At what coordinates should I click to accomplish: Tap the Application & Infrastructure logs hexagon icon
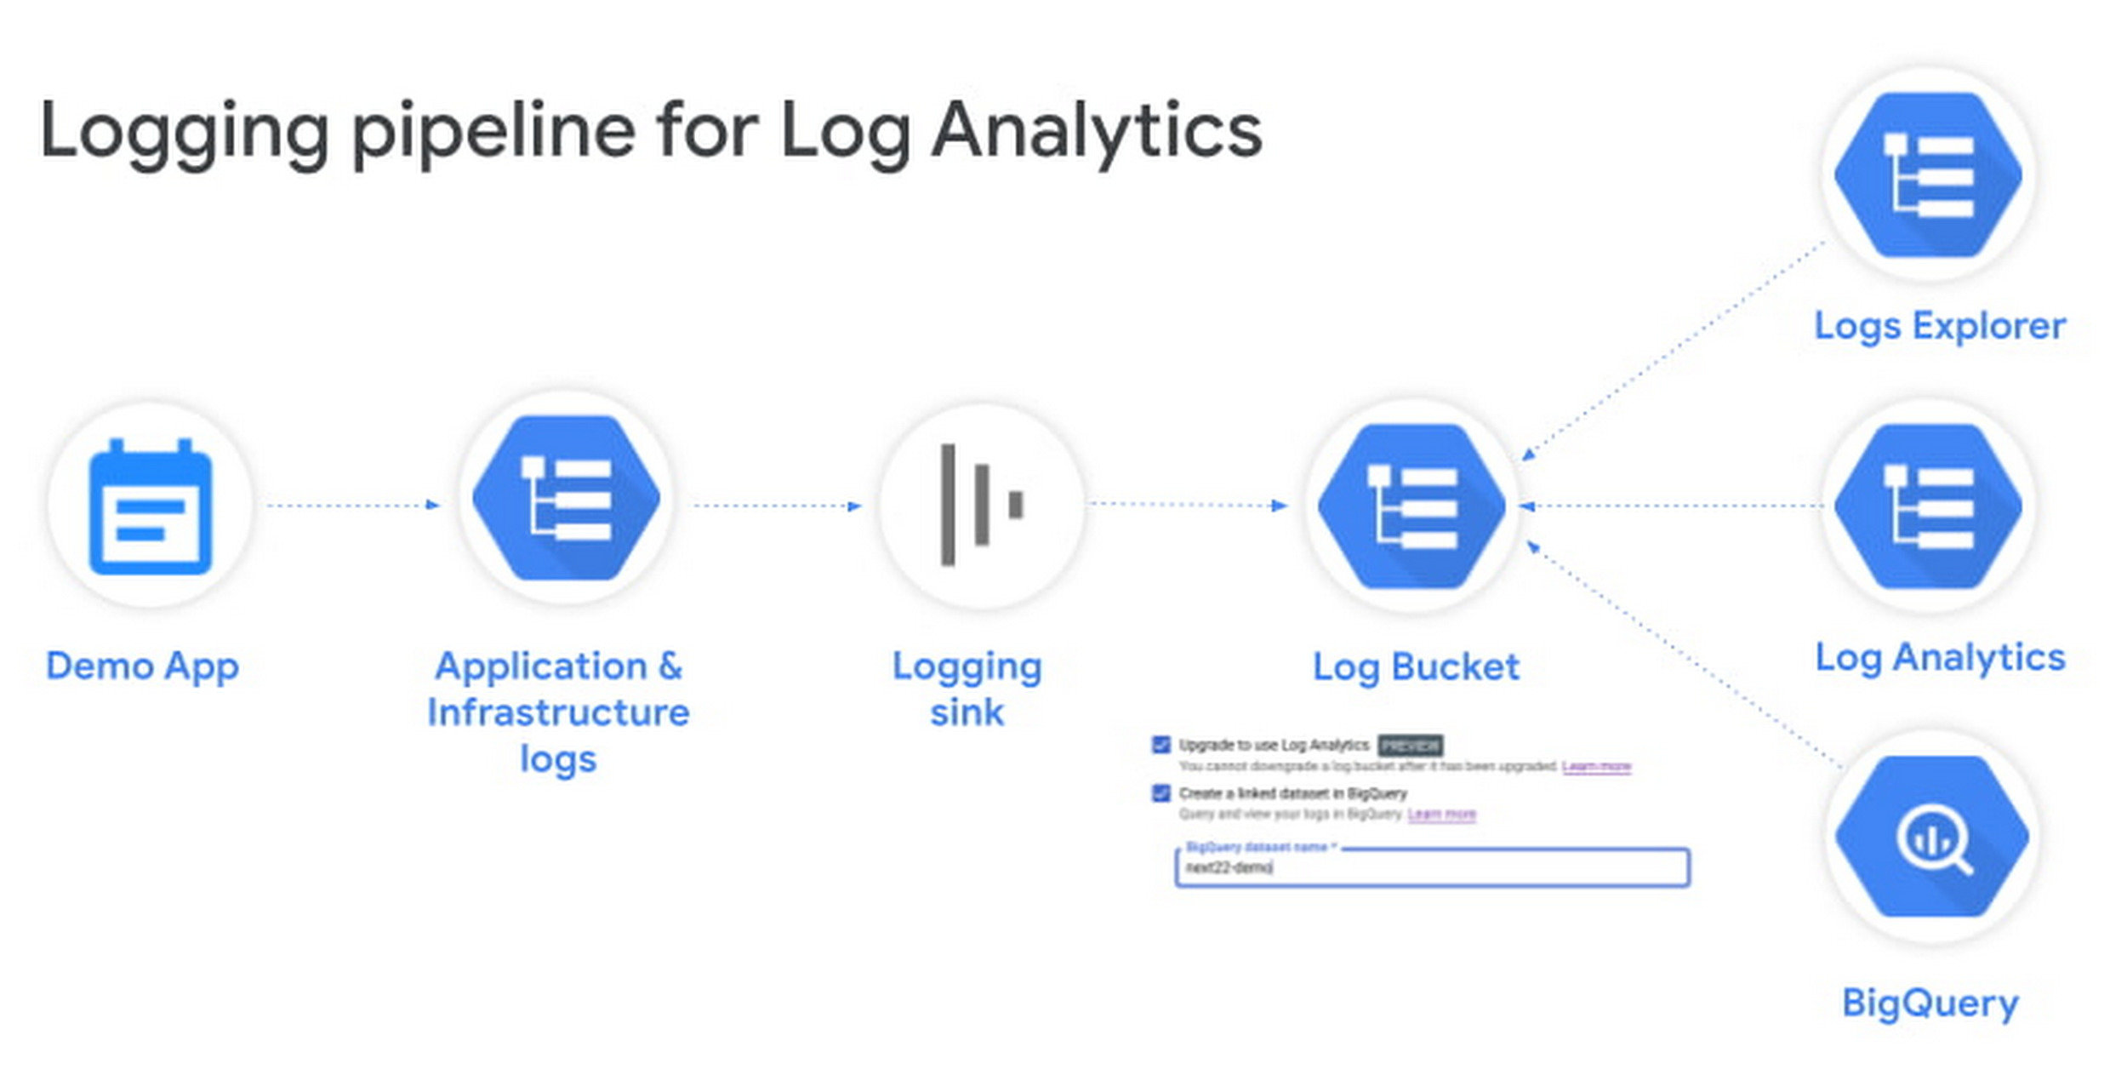pos(566,498)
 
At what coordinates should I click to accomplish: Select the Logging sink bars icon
pos(981,505)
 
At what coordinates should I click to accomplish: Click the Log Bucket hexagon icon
pos(1411,506)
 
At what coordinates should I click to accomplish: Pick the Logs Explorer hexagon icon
pos(1928,174)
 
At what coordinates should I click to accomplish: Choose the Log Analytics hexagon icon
pos(1928,506)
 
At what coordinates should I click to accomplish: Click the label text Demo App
pos(142,666)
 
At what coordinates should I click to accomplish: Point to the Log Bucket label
pos(1416,666)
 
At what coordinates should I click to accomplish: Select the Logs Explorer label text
pos(1940,326)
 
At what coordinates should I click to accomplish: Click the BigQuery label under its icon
pos(1930,1003)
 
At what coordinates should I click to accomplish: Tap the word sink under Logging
pos(967,712)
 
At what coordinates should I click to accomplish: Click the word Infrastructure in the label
pos(558,712)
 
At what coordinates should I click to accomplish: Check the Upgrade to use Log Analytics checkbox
pos(1160,745)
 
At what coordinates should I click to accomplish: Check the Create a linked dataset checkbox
pos(1160,793)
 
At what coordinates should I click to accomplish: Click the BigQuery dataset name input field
pos(1433,868)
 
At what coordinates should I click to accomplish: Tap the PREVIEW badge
pos(1410,746)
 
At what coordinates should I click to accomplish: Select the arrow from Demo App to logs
pos(353,506)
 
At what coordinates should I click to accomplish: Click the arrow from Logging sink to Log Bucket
pos(1189,505)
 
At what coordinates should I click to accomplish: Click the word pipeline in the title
pos(493,132)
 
